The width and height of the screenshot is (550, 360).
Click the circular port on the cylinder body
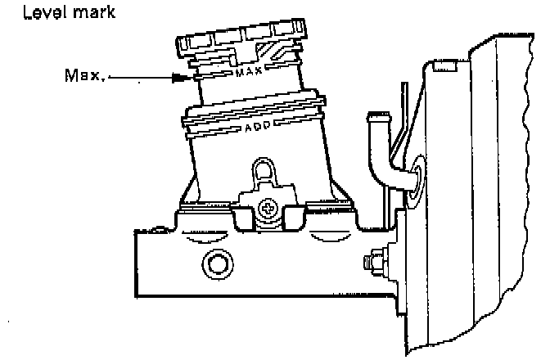pyautogui.click(x=216, y=263)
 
